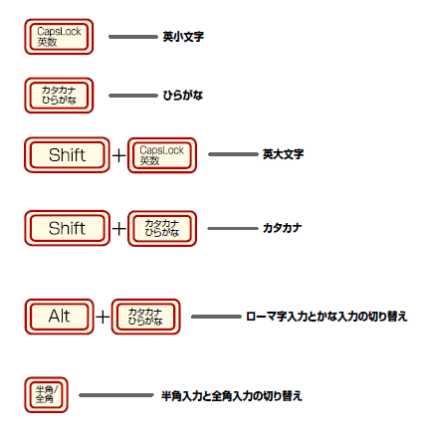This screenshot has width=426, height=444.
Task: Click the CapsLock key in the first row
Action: [60, 38]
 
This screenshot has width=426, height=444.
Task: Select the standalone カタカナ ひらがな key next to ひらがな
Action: [60, 96]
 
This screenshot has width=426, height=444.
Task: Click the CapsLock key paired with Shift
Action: [162, 155]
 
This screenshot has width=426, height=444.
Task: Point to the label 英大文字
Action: [283, 155]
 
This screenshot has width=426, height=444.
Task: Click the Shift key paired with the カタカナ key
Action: [67, 228]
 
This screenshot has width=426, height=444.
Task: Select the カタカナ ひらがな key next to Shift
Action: [162, 228]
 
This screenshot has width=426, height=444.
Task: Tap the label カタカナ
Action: [283, 228]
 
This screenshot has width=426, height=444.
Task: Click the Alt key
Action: [60, 317]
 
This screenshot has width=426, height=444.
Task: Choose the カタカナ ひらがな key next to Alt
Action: [146, 317]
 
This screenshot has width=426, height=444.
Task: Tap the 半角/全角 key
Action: [45, 395]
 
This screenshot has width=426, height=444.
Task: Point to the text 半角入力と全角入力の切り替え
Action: [231, 395]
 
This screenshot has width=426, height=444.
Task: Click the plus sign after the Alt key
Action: [104, 318]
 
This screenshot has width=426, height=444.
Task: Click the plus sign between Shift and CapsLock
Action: [119, 156]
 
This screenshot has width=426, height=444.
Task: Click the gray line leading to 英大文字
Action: [233, 155]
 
